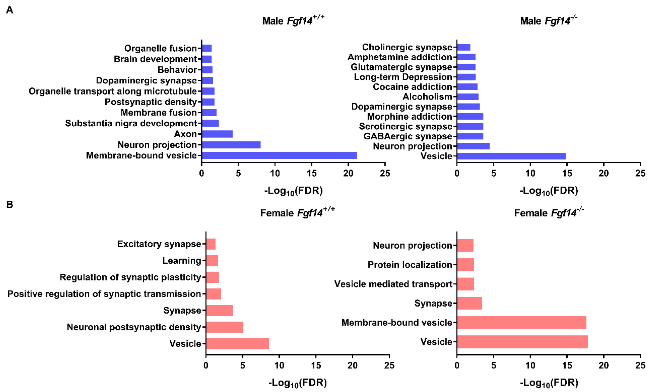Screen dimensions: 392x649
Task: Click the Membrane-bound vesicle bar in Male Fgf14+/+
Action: pos(279,155)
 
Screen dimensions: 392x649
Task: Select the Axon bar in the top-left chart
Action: pos(217,134)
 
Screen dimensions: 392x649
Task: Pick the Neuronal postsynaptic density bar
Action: pos(224,327)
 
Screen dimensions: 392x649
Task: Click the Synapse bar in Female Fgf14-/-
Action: pos(469,303)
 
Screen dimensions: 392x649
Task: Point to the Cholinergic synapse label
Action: pos(407,47)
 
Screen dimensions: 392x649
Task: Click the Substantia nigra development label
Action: pos(131,123)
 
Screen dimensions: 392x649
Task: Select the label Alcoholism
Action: pos(427,97)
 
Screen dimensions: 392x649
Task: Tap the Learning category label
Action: pos(182,260)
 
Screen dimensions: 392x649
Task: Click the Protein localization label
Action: pos(410,265)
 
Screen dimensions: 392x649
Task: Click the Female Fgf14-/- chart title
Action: pos(549,212)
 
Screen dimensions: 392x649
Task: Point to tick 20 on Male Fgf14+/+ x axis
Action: pos(348,173)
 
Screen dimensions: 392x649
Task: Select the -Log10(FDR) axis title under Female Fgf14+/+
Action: pos(298,383)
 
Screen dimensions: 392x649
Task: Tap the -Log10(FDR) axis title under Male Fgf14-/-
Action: pos(549,191)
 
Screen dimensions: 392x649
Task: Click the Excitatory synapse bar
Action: pos(211,244)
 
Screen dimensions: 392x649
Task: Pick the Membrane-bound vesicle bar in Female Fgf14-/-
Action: pos(522,323)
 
